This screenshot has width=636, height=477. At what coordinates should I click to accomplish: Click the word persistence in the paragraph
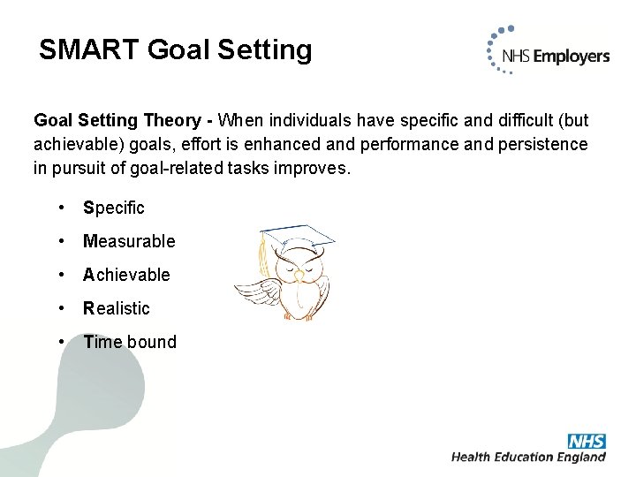pos(539,143)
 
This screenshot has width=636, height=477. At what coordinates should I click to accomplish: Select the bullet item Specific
pos(113,208)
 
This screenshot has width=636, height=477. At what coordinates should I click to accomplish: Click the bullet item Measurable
pos(129,241)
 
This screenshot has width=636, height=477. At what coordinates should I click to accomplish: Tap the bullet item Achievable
pos(126,275)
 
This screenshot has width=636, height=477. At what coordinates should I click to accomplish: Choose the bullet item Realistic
pos(117,308)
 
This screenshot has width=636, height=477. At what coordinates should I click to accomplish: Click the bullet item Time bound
pos(130,342)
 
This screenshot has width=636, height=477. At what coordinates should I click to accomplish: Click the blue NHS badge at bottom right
pos(586,441)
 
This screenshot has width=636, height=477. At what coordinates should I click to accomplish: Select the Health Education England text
pos(528,457)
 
